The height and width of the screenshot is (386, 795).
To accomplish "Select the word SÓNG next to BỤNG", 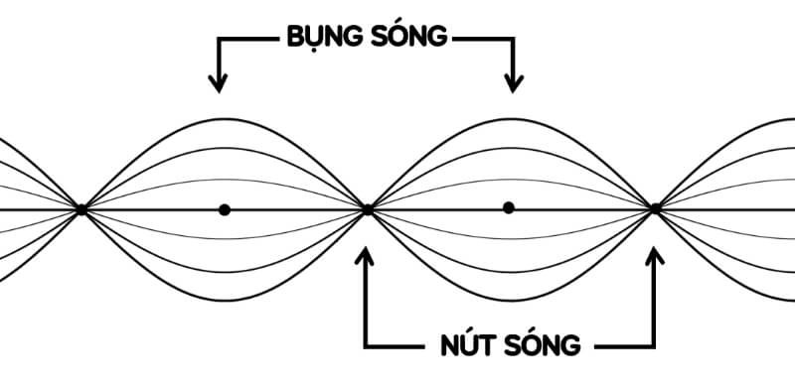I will (x=409, y=38).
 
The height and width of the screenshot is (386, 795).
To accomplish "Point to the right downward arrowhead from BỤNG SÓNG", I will (x=514, y=84).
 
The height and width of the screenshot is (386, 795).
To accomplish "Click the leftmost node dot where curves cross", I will (x=81, y=209).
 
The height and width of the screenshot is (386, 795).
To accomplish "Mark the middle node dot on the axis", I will (x=368, y=209).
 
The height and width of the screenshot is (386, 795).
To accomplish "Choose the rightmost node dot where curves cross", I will (x=655, y=209).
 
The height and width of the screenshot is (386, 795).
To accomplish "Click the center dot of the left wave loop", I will (x=225, y=209).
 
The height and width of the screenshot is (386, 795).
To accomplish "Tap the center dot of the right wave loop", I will (x=509, y=207).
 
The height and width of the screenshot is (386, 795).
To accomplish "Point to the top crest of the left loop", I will (x=225, y=118).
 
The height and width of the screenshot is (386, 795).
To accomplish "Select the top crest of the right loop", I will (x=511, y=118).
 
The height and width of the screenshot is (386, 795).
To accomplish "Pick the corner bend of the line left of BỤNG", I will (x=220, y=39).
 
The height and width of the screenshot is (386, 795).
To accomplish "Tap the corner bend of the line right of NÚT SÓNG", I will (x=655, y=347).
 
